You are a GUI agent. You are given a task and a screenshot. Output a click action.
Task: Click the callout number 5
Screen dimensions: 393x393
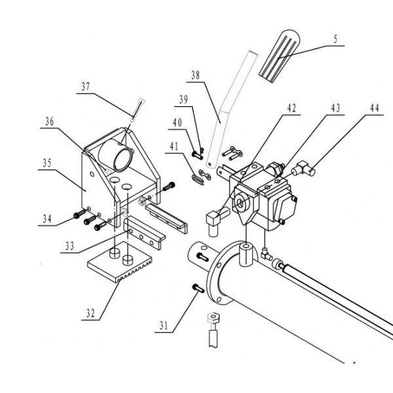coord(335,39)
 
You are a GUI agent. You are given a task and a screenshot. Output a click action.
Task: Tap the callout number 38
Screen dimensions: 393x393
coord(195,75)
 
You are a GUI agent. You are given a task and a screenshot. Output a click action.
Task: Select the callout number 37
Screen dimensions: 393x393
coord(85,86)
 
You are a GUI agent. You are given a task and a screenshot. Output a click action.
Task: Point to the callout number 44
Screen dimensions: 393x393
coord(375,108)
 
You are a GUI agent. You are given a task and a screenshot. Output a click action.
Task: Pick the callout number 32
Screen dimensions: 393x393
coord(90,313)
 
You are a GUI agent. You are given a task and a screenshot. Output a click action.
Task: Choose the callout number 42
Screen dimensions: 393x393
coord(291,108)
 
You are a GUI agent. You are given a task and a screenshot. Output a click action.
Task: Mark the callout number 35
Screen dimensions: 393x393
coord(47,163)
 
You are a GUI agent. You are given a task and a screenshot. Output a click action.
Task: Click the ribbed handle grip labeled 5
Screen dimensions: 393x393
coord(279,56)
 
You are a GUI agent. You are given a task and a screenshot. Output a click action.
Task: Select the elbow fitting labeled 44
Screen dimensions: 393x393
coord(303,168)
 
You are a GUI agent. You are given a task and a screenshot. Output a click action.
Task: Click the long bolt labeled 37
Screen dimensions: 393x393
coord(138,109)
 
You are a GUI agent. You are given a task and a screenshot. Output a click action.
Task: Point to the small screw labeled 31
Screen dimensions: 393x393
coord(198,288)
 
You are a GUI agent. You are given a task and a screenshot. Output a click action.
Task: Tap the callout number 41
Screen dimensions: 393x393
coord(174,146)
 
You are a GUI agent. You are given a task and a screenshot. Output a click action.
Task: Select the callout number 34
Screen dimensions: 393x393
coord(47,219)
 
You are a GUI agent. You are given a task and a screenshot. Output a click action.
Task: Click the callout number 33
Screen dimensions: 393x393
coord(69,246)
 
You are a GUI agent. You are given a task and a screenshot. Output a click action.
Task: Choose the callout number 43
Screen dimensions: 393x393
coord(335,108)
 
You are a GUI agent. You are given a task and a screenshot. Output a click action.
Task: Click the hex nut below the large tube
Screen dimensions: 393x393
coord(213,318)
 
